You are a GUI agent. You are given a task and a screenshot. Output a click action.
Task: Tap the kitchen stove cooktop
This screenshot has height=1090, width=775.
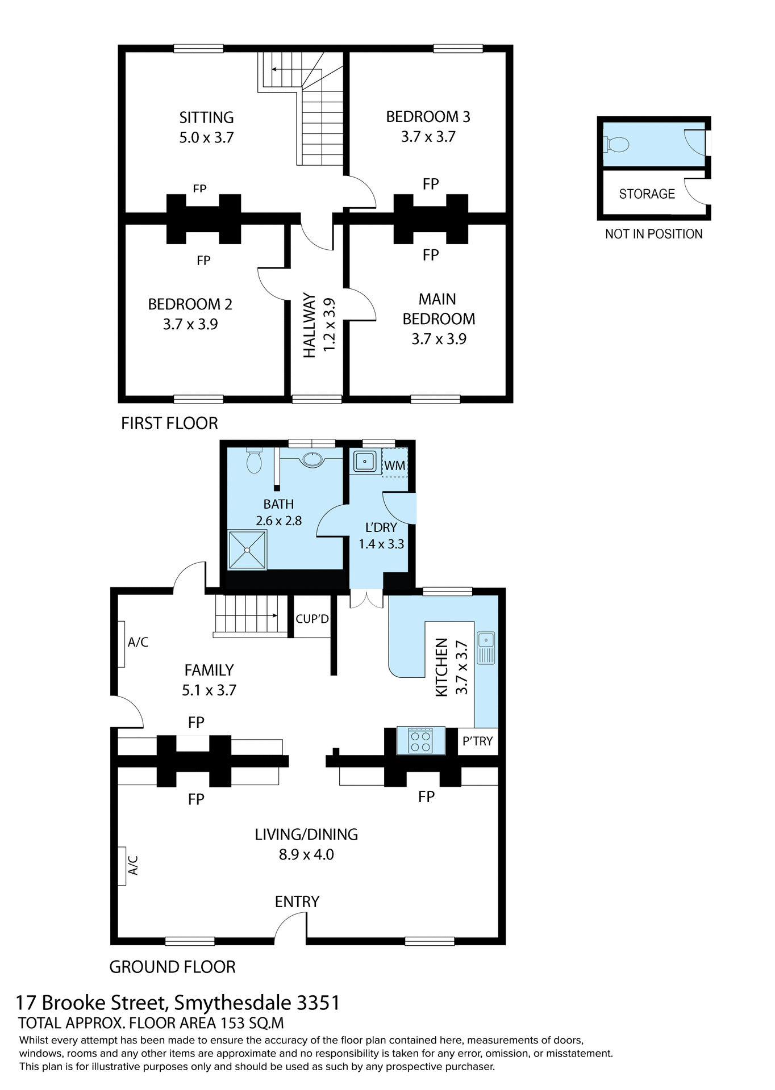[x=420, y=740]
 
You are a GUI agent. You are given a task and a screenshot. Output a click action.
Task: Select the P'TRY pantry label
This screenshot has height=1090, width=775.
[x=477, y=741]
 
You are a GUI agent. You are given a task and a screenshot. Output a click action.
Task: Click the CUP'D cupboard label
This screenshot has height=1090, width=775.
[x=312, y=619]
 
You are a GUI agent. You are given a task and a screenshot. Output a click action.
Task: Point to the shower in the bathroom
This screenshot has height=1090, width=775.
[x=247, y=550]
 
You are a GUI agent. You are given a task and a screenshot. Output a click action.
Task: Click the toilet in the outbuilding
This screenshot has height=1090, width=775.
[x=617, y=144]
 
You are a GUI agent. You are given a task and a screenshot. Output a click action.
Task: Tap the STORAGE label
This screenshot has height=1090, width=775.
[x=647, y=194]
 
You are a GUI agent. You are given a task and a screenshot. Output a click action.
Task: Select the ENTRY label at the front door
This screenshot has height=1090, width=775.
[x=297, y=902]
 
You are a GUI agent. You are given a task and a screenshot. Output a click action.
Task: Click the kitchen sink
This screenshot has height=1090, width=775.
[x=486, y=648]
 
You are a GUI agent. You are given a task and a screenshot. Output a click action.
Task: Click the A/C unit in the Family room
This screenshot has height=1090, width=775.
[x=122, y=644]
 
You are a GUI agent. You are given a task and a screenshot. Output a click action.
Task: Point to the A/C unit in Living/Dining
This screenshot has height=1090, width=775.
[x=122, y=866]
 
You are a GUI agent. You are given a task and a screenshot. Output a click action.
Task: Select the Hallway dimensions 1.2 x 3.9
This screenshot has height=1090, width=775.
[x=330, y=325]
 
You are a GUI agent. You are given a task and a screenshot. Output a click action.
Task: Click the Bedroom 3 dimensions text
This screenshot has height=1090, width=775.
[x=428, y=137]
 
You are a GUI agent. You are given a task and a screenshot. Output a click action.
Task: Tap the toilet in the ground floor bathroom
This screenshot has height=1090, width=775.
[x=254, y=460]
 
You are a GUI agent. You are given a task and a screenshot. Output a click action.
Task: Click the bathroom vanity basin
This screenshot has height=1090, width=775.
[x=312, y=459]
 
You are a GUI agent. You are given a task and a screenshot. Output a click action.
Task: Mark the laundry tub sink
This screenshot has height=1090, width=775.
[x=364, y=462]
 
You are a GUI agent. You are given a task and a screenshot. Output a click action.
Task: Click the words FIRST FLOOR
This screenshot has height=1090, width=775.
[x=169, y=424]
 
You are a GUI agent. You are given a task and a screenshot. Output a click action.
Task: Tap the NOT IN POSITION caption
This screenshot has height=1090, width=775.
[x=653, y=234]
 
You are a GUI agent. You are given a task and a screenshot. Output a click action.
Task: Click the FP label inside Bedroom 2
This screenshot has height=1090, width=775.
[x=203, y=261]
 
